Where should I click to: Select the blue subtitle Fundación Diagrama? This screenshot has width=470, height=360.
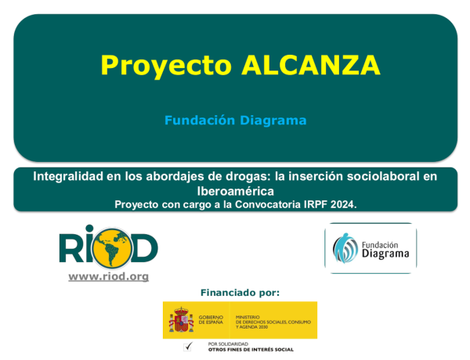(x=235, y=121)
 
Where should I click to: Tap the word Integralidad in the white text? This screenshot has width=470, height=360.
(x=69, y=177)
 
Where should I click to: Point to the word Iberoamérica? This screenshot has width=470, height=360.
(x=235, y=190)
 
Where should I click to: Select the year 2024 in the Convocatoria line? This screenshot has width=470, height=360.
(x=340, y=203)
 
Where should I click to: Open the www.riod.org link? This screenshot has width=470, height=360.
(x=108, y=276)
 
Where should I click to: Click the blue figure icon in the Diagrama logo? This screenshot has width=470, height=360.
(x=346, y=249)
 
